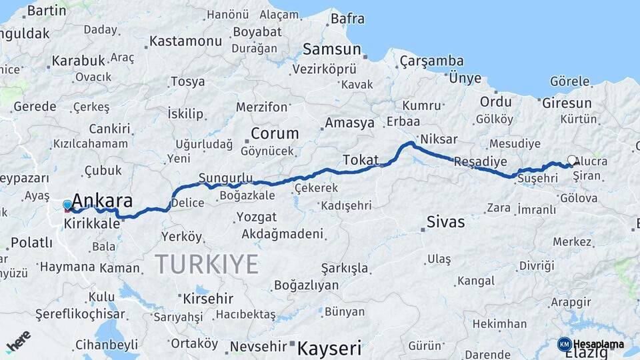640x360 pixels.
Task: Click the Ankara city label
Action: point(102,201)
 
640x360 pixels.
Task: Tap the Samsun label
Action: point(331,49)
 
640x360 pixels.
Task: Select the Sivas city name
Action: point(445,222)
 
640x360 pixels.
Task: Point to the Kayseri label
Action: point(329,347)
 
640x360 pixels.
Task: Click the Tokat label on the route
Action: point(361,160)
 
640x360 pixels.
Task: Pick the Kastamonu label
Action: point(185,41)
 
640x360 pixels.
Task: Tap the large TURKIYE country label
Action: point(207,265)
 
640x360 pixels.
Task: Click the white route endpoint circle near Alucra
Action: point(572,160)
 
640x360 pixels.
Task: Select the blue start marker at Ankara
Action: point(67,205)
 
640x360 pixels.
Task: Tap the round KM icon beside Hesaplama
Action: point(564,344)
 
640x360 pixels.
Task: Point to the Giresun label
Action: point(567,103)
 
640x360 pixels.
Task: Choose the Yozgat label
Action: point(257,217)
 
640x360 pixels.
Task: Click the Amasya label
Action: point(349,123)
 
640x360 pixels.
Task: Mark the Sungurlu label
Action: point(226,178)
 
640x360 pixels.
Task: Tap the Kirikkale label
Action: point(92,224)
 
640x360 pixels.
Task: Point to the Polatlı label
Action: point(31,243)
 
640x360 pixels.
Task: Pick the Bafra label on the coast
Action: point(347,19)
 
